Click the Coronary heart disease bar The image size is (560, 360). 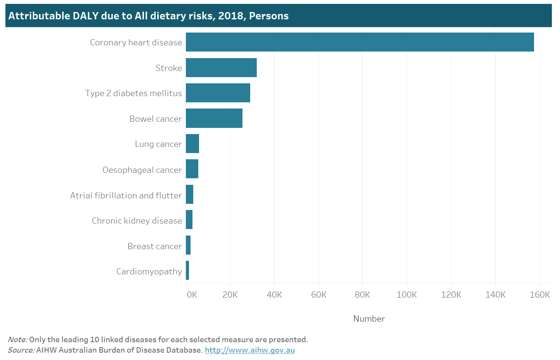tap(359, 42)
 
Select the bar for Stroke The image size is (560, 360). tap(221, 68)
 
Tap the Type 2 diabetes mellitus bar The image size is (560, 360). tap(218, 93)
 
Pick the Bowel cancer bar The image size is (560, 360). tap(214, 119)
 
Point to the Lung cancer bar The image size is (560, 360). tap(192, 144)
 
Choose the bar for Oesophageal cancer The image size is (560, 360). tap(192, 169)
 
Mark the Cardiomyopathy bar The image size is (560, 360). tap(187, 270)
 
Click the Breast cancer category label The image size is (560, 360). tap(155, 246)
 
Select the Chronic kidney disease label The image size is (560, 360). tap(137, 221)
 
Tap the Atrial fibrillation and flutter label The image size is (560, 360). tap(126, 196)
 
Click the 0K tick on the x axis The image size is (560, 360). tap(192, 295)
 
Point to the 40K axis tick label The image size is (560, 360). tap(274, 295)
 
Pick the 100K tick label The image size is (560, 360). tap(407, 295)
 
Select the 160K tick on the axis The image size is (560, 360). tap(539, 295)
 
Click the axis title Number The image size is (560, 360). tap(369, 319)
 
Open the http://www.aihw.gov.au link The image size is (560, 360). tap(249, 350)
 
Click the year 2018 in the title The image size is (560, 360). tap(231, 16)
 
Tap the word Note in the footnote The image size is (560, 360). tap(17, 340)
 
